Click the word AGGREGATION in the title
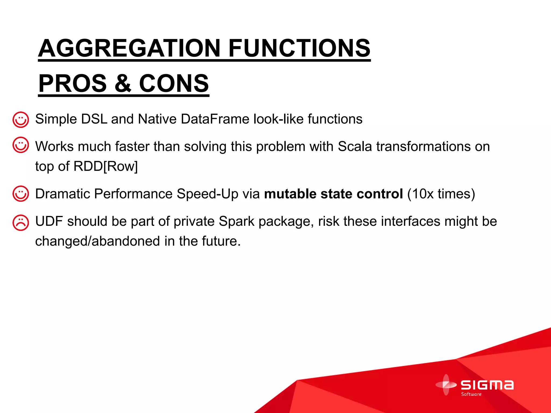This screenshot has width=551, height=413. click(x=129, y=48)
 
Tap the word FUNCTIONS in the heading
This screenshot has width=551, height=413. click(x=299, y=48)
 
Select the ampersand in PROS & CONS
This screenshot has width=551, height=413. click(x=123, y=83)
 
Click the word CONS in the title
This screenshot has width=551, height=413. click(x=174, y=83)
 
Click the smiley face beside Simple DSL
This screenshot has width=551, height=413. click(x=20, y=120)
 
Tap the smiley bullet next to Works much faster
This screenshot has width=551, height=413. click(x=20, y=145)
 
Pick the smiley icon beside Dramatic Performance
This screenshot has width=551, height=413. click(x=20, y=194)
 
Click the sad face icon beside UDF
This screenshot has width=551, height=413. click(x=20, y=223)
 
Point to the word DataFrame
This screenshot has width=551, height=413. click(x=215, y=119)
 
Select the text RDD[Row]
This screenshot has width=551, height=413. click(x=105, y=166)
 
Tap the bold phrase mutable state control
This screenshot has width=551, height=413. click(x=333, y=194)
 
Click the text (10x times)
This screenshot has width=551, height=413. click(x=441, y=194)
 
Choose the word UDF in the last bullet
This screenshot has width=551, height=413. click(x=49, y=221)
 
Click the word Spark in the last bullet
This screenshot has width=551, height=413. click(x=236, y=221)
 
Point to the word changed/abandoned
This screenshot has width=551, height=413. click(x=97, y=241)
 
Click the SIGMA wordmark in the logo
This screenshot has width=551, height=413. click(x=487, y=385)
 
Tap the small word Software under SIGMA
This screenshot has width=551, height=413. click(x=471, y=394)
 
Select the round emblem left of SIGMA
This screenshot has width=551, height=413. click(x=446, y=385)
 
